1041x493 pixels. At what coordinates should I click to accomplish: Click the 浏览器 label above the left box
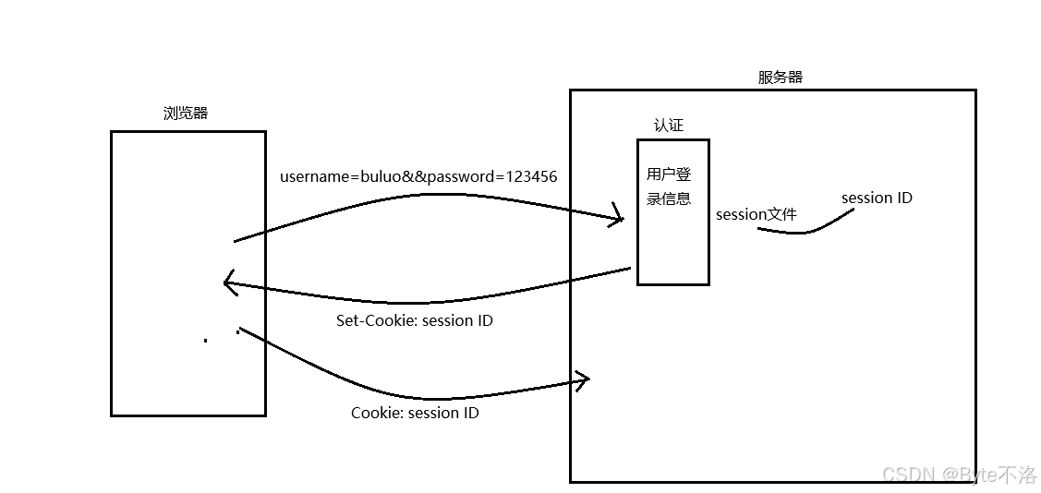point(186,114)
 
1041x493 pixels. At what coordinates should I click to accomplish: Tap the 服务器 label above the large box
point(781,78)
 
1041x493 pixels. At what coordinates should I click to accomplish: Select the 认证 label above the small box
point(669,126)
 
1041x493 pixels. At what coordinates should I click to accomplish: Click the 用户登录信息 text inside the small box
point(669,186)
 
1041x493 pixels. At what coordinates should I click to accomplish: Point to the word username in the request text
point(313,176)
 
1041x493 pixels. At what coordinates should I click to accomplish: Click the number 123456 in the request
point(527,176)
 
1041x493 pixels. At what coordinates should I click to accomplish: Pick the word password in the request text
point(459,176)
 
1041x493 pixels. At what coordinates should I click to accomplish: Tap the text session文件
point(757,214)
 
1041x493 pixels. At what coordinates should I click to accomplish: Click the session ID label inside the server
point(877,198)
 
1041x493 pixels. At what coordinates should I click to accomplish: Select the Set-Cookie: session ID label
point(414,321)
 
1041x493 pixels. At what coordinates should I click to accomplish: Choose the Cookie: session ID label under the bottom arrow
point(415,413)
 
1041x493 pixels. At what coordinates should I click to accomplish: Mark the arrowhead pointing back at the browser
point(229,283)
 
